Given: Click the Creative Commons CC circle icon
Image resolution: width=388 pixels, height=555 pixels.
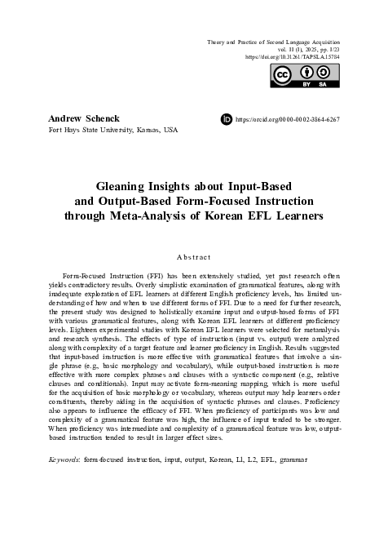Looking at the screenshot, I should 283,76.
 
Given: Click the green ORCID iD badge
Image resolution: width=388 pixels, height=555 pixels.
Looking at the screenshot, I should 227,119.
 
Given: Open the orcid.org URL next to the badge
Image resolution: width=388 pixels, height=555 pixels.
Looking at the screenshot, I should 287,120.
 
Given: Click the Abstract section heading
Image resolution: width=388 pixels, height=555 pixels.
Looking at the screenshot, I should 193,257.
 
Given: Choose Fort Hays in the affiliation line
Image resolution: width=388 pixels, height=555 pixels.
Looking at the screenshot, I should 64,130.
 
